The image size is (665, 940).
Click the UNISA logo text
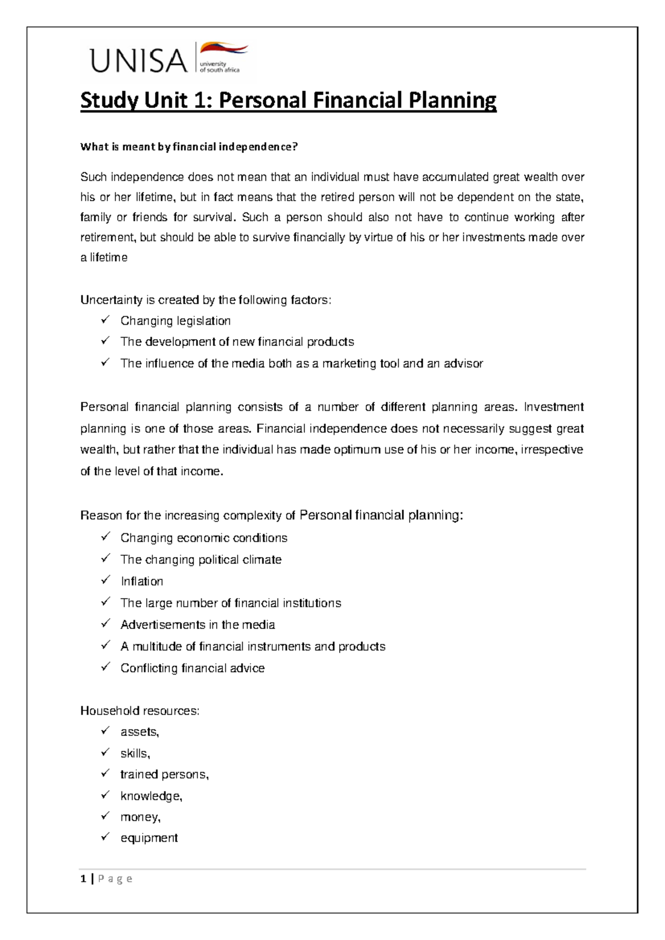(x=139, y=60)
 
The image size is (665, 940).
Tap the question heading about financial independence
(x=189, y=147)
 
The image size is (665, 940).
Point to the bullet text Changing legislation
(x=175, y=321)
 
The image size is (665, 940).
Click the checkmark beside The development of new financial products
(x=106, y=341)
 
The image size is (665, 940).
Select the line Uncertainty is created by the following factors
(x=206, y=300)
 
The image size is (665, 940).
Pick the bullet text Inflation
(x=142, y=581)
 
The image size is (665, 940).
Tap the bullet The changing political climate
(x=201, y=560)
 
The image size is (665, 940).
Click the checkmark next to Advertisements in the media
(x=106, y=624)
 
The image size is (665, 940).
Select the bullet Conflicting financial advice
(x=192, y=668)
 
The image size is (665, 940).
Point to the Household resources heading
(x=140, y=711)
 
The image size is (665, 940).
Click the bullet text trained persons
(x=164, y=774)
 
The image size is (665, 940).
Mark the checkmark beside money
(x=106, y=816)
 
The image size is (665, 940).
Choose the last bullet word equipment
(x=149, y=838)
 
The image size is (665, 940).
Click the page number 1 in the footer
(x=83, y=878)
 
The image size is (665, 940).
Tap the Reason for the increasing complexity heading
(x=271, y=515)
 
